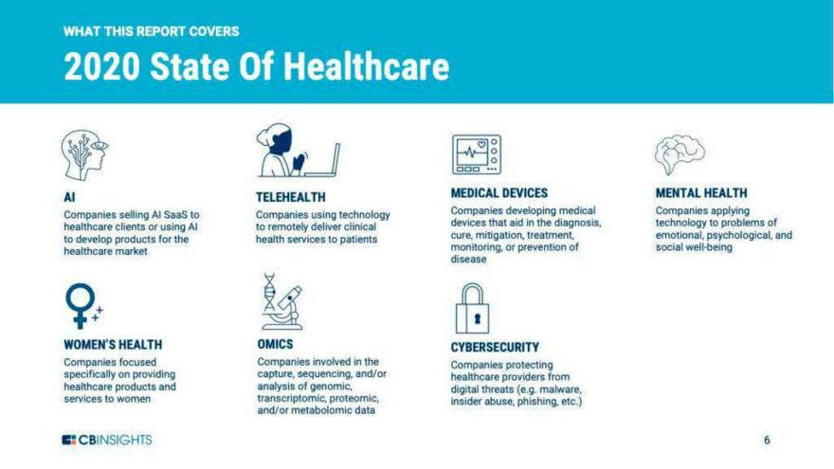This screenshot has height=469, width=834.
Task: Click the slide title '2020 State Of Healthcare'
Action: [256, 67]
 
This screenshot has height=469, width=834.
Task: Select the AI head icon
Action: [83, 154]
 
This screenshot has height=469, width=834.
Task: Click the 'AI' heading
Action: [69, 198]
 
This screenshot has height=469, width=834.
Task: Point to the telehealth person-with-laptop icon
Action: [296, 152]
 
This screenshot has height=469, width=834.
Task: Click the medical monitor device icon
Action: [476, 154]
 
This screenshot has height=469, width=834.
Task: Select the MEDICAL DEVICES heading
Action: [499, 193]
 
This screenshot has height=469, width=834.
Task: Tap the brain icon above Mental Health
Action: [680, 154]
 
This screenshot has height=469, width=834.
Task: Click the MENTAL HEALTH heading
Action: [701, 193]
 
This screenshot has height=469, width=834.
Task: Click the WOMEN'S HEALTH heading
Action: [113, 345]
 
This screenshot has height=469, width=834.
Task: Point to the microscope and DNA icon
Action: [281, 301]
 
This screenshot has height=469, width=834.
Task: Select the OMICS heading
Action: [275, 345]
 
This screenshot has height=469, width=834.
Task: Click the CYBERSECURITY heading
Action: [495, 348]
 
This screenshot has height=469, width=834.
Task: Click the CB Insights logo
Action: [106, 440]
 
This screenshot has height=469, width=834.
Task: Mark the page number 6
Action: [767, 441]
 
